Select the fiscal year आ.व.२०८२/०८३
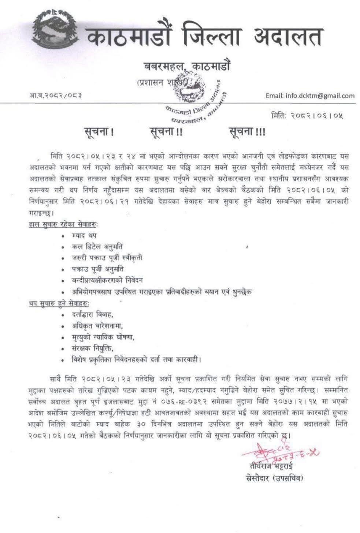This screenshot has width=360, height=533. [55, 96]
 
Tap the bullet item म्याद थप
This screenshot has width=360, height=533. [84, 235]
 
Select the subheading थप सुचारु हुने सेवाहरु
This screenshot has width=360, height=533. [59, 303]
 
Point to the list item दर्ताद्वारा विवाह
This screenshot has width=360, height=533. [92, 314]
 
